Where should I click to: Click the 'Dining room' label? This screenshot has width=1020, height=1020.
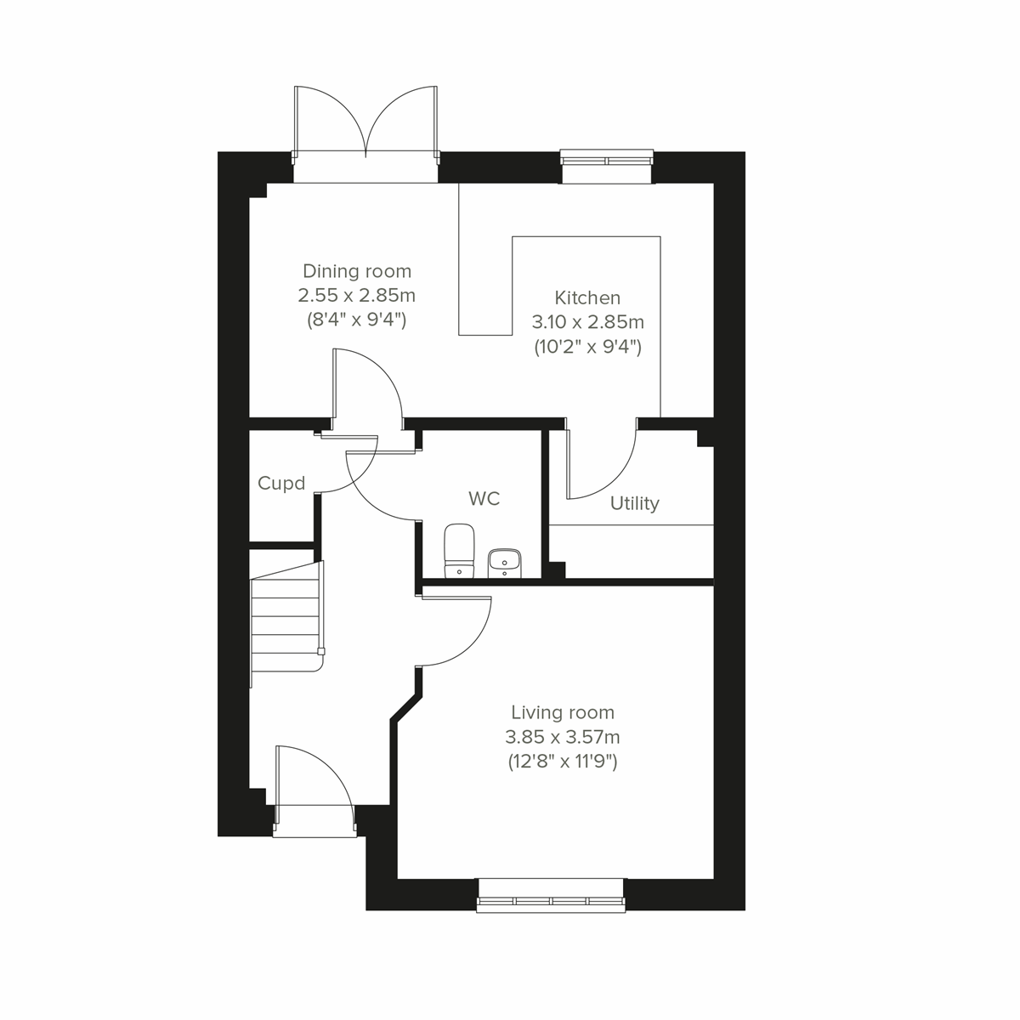point(357,271)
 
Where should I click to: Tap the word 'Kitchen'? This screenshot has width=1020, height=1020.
point(587,297)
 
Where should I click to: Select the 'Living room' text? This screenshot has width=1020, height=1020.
point(562,712)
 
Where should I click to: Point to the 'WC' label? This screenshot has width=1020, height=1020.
point(484,498)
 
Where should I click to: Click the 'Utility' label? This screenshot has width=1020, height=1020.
point(634,503)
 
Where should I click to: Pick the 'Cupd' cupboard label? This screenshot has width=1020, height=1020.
point(281,484)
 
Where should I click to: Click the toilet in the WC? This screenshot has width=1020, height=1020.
point(459,550)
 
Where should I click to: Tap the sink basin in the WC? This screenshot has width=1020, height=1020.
point(505,561)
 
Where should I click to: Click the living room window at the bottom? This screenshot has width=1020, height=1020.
point(551,901)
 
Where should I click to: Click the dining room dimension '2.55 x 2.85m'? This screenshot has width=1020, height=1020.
point(356,296)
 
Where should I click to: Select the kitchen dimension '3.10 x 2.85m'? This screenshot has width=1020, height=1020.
point(587,322)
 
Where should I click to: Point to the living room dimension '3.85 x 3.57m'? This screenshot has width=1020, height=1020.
point(562,737)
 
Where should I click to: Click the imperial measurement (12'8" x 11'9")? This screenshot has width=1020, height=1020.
point(562,762)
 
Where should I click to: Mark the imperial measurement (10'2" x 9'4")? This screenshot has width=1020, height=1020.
point(587,347)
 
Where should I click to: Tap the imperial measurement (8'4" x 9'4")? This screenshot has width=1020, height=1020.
point(356,320)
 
